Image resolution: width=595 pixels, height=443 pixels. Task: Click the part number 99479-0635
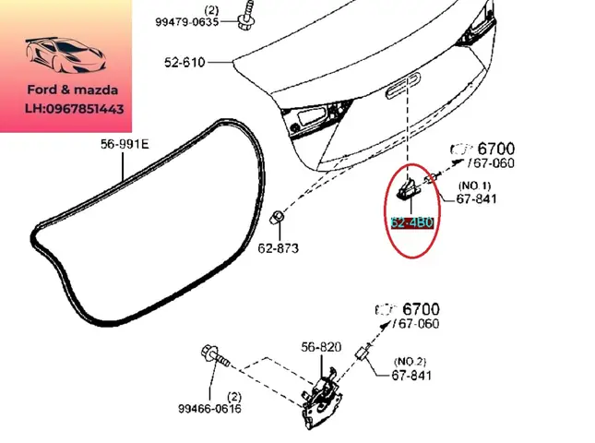(187, 22)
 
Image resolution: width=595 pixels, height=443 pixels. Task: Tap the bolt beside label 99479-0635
(246, 17)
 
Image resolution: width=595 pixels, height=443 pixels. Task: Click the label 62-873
(278, 248)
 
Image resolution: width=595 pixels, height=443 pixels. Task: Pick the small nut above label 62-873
(276, 218)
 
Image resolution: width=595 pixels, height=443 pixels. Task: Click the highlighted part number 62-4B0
(411, 222)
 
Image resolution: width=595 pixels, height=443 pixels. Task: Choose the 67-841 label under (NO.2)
(412, 376)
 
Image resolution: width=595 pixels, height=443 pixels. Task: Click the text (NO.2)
(411, 361)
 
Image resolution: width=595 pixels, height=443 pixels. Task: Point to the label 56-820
(320, 347)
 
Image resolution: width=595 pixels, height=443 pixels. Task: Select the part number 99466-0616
(210, 409)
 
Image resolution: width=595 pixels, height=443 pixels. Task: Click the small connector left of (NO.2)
(363, 355)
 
